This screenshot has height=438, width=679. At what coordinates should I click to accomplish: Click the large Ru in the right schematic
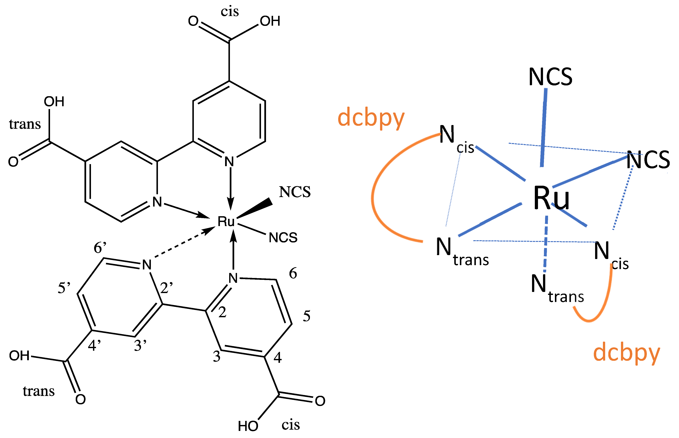click(551, 198)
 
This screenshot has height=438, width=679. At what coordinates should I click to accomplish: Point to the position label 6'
click(100, 247)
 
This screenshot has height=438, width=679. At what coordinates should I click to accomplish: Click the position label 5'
click(64, 288)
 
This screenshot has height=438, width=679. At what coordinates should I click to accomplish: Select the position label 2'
click(166, 288)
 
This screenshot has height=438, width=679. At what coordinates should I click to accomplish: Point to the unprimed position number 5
click(307, 316)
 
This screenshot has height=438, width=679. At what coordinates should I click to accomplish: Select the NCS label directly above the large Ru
click(550, 77)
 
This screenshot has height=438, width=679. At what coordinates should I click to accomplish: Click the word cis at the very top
click(230, 12)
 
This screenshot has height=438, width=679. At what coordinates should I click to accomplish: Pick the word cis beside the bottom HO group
click(291, 425)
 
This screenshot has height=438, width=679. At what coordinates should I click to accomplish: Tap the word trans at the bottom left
click(39, 391)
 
